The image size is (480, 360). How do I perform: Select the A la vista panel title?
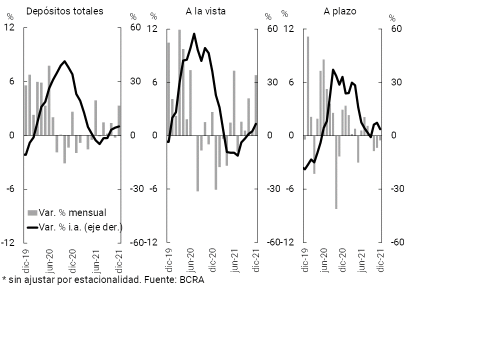point(206,10)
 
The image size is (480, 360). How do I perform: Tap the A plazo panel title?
point(339,10)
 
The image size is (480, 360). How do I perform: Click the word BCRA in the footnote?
point(192,279)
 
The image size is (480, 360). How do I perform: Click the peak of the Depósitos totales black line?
point(65,61)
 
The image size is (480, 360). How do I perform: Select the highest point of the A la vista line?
point(194,34)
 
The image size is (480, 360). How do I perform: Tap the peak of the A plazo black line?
point(333,70)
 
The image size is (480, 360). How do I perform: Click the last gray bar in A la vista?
point(256,105)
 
